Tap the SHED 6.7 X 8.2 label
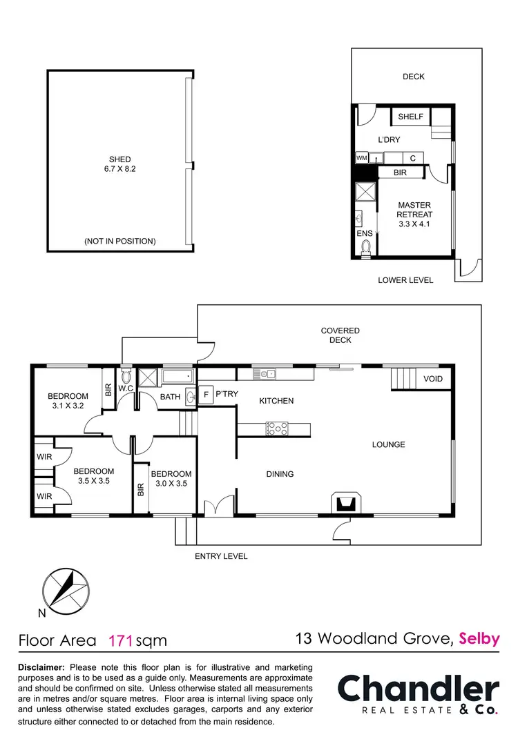pyautogui.click(x=115, y=164)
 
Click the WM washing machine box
pyautogui.click(x=361, y=158)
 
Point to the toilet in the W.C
pyautogui.click(x=126, y=377)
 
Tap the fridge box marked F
pyautogui.click(x=206, y=395)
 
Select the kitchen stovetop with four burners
pyautogui.click(x=276, y=429)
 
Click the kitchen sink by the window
pyautogui.click(x=265, y=374)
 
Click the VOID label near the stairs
pyautogui.click(x=433, y=379)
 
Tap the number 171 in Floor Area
pyautogui.click(x=122, y=640)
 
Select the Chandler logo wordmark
pyautogui.click(x=418, y=689)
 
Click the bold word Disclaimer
pyautogui.click(x=41, y=668)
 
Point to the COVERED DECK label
pyautogui.click(x=340, y=335)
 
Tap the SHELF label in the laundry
pyautogui.click(x=410, y=117)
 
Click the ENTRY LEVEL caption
pyautogui.click(x=221, y=556)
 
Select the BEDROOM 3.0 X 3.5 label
pyautogui.click(x=171, y=479)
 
